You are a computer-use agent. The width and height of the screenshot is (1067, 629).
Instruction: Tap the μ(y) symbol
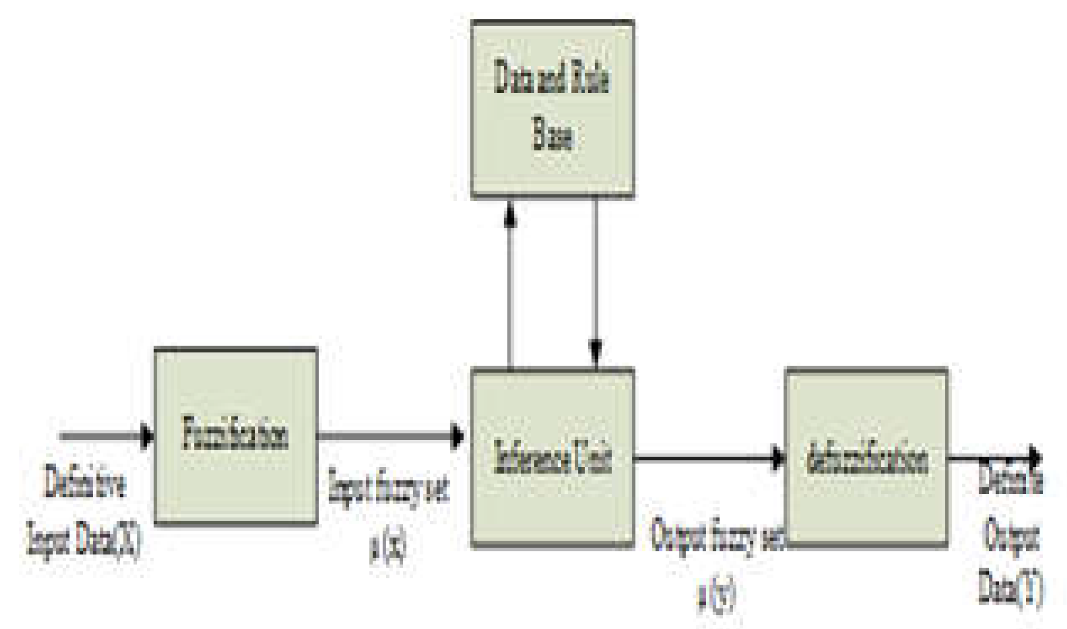[x=717, y=592]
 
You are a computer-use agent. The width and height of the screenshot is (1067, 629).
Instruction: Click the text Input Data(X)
[x=83, y=539]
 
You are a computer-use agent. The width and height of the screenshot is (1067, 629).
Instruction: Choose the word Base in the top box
[x=552, y=135]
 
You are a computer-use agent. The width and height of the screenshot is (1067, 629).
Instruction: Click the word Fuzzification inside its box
[x=235, y=434]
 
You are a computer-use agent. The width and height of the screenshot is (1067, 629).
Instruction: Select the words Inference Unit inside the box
[x=552, y=458]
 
